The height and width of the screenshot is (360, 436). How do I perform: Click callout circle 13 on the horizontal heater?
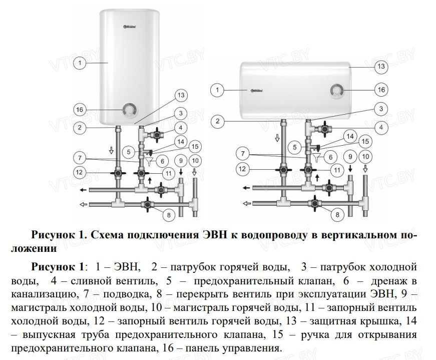pos(381,66)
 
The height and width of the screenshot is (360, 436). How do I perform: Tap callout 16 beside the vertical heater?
pos(80,110)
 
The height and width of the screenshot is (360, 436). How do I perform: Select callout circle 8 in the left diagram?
pos(169,215)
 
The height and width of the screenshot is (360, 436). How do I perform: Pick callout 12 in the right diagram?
pos(242,169)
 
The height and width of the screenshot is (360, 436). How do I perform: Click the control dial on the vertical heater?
pos(129,110)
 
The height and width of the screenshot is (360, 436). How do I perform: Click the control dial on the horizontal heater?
pos(336,91)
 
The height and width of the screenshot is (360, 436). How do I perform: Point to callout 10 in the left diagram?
pos(195,161)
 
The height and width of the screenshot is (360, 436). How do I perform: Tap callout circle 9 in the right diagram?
pos(350,157)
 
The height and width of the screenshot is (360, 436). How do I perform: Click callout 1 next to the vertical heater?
pos(80,63)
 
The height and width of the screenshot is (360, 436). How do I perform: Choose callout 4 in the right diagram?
pos(381,127)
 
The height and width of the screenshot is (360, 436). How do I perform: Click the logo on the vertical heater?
pos(130,27)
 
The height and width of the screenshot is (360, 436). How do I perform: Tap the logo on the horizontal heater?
pos(257,90)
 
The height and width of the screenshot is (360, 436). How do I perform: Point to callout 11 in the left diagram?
pos(169,173)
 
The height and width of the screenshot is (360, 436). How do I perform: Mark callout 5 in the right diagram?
pos(295,147)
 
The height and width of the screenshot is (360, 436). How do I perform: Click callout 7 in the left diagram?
pos(80,158)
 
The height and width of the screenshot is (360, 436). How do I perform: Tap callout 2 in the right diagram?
pos(217,121)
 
